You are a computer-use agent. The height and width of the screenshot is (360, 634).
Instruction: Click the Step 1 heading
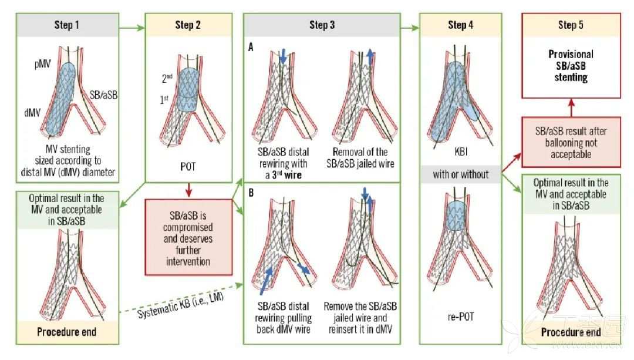coord(67,25)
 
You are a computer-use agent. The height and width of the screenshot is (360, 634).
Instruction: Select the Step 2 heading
coord(188,25)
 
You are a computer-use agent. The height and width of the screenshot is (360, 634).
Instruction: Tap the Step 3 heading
coord(322,25)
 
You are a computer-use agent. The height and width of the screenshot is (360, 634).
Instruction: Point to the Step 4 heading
coord(461,25)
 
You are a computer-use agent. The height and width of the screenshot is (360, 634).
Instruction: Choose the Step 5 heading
coord(571,25)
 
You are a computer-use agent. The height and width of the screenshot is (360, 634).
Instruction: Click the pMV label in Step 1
coord(43,64)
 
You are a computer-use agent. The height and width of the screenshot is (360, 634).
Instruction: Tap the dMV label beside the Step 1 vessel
coord(32,113)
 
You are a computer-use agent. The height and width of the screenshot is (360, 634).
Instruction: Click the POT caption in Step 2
coord(188,167)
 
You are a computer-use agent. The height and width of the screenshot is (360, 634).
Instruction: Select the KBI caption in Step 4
coord(461,152)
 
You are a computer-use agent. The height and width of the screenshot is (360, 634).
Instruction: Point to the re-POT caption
coord(461,317)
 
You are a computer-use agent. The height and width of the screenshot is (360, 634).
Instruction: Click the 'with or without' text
coord(461,174)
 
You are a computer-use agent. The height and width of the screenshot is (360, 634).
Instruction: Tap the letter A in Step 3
coord(251,48)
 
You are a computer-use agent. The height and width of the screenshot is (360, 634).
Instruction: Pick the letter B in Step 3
coord(251,193)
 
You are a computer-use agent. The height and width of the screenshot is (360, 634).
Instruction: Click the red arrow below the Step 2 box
coord(188,190)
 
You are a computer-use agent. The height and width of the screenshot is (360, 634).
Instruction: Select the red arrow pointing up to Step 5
coord(571,107)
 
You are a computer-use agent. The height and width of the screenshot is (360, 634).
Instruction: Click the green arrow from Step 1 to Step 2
coord(132,28)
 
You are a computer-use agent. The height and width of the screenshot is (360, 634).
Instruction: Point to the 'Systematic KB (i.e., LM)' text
coord(180,305)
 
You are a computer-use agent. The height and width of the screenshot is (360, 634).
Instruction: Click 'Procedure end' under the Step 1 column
coord(67,332)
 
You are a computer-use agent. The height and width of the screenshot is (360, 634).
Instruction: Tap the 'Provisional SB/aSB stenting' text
coord(571,66)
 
